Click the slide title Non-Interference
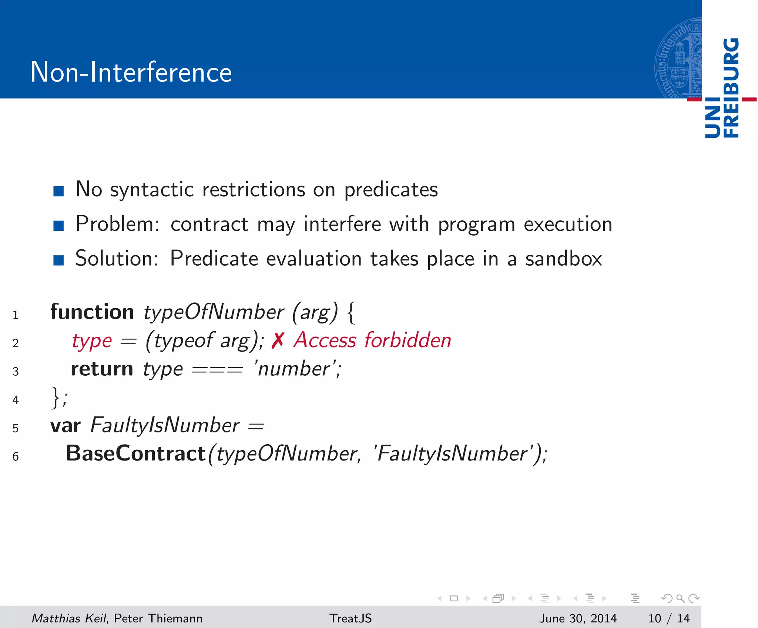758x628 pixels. (x=131, y=72)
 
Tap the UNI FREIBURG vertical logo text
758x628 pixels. (x=722, y=88)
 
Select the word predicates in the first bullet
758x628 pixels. (x=391, y=190)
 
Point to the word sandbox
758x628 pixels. (x=563, y=259)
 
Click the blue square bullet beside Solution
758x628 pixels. (x=58, y=260)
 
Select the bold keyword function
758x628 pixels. (x=92, y=312)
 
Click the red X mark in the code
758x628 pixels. (x=278, y=340)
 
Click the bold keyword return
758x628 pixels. (x=102, y=369)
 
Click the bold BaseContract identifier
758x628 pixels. (x=135, y=453)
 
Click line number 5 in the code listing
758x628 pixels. (x=16, y=428)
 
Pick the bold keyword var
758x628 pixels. (x=66, y=426)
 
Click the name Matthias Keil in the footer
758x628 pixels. (x=69, y=618)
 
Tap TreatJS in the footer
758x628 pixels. (x=351, y=618)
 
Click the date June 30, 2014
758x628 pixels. (x=578, y=618)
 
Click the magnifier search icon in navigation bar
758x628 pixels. (x=680, y=598)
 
